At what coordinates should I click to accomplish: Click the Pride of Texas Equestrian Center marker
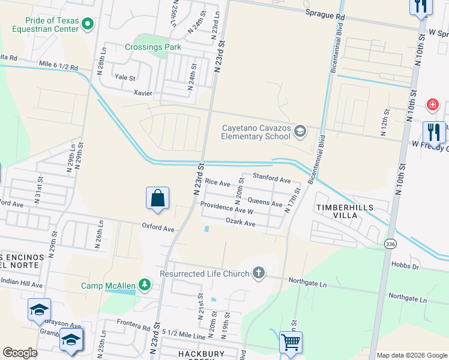click(x=88, y=24)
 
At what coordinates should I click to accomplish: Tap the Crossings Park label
click(x=152, y=47)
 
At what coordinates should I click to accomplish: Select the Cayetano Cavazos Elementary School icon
click(x=300, y=131)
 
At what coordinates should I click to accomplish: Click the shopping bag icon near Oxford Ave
click(x=157, y=198)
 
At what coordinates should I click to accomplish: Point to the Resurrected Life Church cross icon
click(x=259, y=274)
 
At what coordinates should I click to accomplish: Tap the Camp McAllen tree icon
click(x=144, y=284)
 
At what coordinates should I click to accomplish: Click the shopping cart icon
click(x=291, y=343)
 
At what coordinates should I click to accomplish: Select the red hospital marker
click(x=431, y=106)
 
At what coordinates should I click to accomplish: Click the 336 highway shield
click(x=391, y=244)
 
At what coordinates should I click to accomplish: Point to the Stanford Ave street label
click(x=271, y=179)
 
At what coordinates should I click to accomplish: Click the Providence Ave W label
click(x=227, y=208)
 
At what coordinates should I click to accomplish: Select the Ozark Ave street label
click(x=240, y=223)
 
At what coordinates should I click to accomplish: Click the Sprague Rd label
click(x=325, y=13)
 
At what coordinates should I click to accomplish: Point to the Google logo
click(x=20, y=353)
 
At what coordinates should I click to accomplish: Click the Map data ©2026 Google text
click(x=412, y=355)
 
